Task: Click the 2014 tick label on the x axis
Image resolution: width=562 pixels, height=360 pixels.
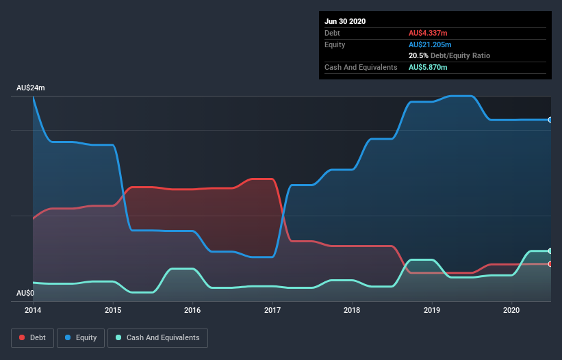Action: point(33,310)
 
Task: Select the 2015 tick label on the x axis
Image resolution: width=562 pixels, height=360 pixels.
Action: point(113,310)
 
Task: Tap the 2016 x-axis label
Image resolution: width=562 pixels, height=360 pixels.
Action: point(192,310)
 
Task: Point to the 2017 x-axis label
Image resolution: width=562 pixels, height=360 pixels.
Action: point(272,310)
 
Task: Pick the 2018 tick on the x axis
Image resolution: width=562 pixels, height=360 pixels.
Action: point(353,310)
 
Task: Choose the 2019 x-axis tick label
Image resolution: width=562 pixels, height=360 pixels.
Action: point(432,310)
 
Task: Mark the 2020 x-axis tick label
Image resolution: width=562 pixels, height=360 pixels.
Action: point(512,310)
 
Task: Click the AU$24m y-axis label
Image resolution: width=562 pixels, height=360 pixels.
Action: point(31,88)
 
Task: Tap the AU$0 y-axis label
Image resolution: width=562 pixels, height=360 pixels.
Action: point(25,293)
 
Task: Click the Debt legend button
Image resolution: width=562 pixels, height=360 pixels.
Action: point(32,337)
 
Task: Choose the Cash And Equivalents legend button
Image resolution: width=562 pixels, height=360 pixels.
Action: point(157,337)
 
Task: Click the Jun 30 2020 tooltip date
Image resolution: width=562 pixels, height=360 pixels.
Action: point(345,21)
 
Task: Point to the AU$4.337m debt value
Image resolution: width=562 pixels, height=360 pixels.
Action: point(429,33)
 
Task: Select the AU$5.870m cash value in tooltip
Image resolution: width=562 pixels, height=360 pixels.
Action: point(429,67)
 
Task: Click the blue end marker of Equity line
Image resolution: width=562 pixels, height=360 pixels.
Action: point(550,120)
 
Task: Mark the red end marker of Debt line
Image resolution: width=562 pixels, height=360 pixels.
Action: point(550,263)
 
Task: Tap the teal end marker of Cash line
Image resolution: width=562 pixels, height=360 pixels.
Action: point(550,251)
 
